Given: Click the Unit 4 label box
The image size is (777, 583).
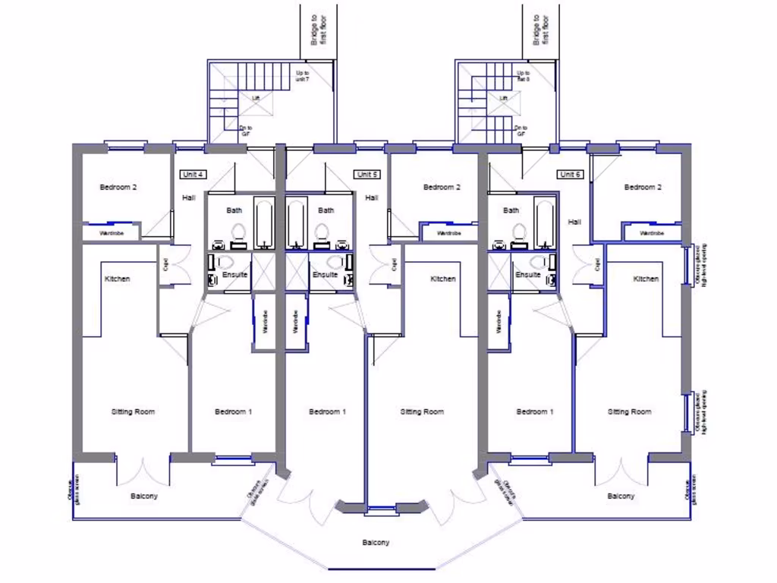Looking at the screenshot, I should point(192,175).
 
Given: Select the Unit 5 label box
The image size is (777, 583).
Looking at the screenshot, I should point(366,175).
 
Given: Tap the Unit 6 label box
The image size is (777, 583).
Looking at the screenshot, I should point(569,175).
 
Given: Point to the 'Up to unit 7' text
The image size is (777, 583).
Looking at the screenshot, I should point(302,76).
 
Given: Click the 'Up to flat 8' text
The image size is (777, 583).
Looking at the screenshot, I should point(523,76).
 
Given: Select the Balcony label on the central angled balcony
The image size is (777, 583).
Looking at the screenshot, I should point(375,543).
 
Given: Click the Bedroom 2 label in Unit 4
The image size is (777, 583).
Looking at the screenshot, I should point(118,187).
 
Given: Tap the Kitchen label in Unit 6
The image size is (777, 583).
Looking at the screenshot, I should point(646,279).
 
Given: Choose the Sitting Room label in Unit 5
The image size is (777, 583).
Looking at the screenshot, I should point(422,411).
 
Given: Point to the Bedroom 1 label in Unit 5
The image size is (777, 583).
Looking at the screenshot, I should point(327,411).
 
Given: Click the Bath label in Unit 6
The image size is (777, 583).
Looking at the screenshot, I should point(511,210).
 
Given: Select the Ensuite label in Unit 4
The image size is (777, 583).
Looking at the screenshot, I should point(235,274).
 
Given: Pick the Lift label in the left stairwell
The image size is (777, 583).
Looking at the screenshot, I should point(256,99).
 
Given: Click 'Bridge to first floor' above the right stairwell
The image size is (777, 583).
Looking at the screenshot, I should point(540,28).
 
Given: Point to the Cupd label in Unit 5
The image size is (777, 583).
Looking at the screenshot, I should point(394,264).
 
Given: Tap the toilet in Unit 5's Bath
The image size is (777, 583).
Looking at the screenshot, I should point(321,232).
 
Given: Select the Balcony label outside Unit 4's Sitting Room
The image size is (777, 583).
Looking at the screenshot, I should point(144,496).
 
